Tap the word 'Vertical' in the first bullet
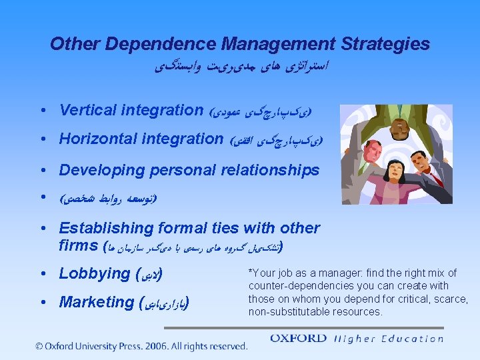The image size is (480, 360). pos(88,109)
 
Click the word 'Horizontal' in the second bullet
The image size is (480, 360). pos(98,139)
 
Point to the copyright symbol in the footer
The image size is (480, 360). pos(40,346)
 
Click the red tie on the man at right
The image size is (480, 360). pos(437,177)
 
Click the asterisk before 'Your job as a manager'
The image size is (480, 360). pos(251,272)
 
